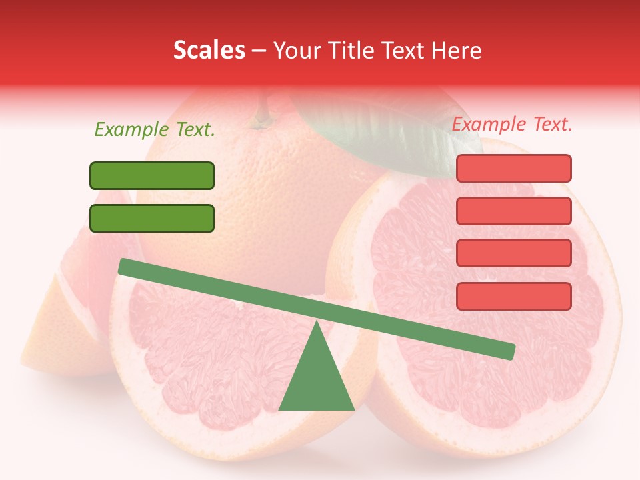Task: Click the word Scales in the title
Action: (209, 50)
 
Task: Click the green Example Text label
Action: (155, 130)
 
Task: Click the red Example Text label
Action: (512, 124)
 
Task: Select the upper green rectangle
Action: (152, 175)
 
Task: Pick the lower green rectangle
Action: (152, 218)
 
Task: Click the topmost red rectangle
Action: (513, 168)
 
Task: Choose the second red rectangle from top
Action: (513, 211)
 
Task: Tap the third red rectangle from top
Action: (513, 253)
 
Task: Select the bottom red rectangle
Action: (513, 296)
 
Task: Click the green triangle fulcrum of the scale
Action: (317, 380)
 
